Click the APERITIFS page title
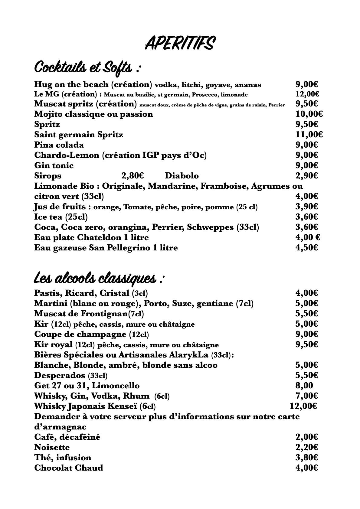[180, 43]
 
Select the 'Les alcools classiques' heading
[99, 278]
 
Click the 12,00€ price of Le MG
[307, 94]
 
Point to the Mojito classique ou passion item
[93, 114]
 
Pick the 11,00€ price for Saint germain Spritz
[309, 135]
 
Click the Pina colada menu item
[59, 145]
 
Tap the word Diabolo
[182, 176]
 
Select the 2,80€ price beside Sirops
[133, 176]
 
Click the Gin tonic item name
[54, 165]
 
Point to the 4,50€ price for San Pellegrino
[306, 248]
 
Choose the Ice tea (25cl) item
[61, 217]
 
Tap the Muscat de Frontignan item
[89, 314]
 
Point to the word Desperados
[60, 376]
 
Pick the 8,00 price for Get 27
[304, 386]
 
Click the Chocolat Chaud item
[69, 468]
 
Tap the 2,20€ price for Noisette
[306, 447]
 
